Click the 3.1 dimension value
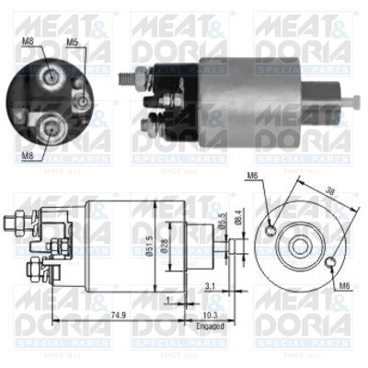pyautogui.click(x=211, y=286)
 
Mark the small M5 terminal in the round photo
pyautogui.click(x=84, y=101)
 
